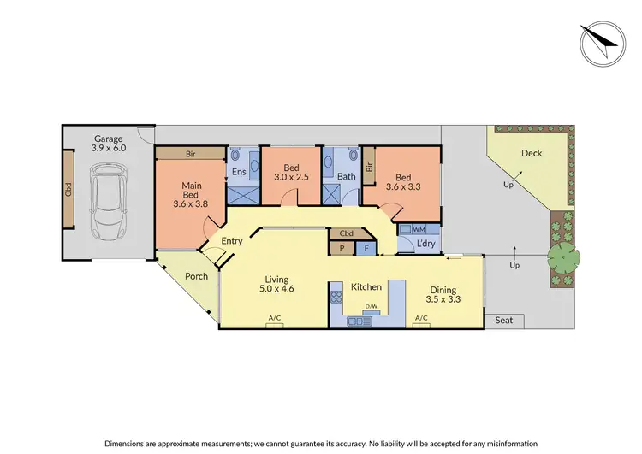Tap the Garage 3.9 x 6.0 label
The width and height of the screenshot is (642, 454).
point(109,143)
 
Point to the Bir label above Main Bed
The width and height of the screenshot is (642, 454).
point(189,154)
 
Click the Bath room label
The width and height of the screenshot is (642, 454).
point(346,177)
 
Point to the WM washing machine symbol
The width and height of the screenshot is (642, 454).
point(418,229)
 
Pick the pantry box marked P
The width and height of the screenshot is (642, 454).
point(341,248)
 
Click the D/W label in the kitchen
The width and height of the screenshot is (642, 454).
point(372,306)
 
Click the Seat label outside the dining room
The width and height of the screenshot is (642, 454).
point(504,321)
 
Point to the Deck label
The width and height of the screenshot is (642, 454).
point(532,153)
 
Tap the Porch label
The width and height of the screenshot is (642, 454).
point(196,276)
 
